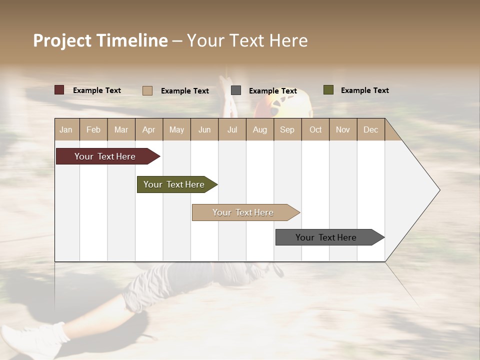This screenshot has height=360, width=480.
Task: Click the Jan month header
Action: [66, 129]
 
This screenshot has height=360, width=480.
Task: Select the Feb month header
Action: [93, 129]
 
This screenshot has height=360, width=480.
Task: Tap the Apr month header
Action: [149, 129]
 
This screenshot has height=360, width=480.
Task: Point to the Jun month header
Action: [204, 129]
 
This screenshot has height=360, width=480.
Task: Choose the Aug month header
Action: [260, 129]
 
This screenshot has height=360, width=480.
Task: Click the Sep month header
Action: [287, 129]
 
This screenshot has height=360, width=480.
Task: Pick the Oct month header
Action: [315, 129]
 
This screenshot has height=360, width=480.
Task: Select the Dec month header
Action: [371, 129]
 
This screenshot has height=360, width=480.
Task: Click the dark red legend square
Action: [59, 90]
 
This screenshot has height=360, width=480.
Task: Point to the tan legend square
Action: [147, 90]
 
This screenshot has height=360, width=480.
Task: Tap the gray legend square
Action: [236, 90]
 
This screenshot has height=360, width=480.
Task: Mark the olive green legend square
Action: [328, 90]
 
